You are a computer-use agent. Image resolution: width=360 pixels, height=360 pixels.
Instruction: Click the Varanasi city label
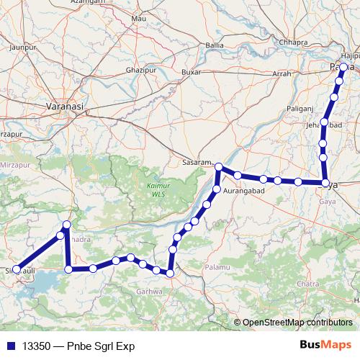tap(65, 105)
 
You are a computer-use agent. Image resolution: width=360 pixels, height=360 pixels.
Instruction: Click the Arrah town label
tap(282, 73)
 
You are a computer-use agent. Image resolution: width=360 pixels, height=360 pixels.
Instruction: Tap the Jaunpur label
tap(21, 47)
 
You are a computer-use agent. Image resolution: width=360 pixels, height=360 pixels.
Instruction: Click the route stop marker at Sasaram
tap(219, 167)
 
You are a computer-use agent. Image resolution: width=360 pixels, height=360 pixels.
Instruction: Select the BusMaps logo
tap(325, 346)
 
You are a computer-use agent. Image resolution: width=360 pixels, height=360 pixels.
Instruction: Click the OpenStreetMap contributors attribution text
tap(297, 322)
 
